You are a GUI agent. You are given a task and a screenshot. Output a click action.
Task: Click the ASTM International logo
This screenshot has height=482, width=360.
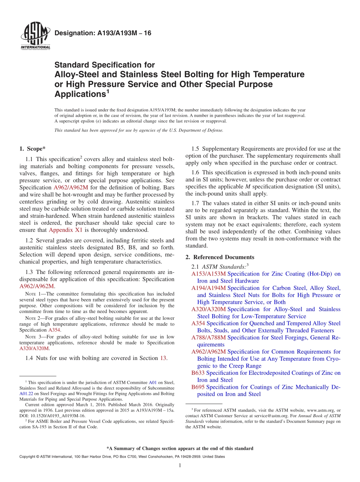coord(35,36)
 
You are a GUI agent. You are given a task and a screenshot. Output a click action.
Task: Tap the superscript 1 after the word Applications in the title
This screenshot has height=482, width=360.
coord(108,91)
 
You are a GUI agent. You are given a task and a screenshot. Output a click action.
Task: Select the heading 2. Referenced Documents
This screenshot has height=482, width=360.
coord(220,257)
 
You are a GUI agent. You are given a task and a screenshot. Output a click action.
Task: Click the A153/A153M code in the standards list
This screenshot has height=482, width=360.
coord(208,274)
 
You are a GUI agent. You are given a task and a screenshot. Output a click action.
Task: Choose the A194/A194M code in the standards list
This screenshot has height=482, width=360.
coord(208,288)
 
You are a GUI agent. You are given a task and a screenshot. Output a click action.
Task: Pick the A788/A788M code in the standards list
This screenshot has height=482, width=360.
coord(208,337)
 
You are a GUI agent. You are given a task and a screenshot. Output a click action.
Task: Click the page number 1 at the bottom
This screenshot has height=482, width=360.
coord(180,465)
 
